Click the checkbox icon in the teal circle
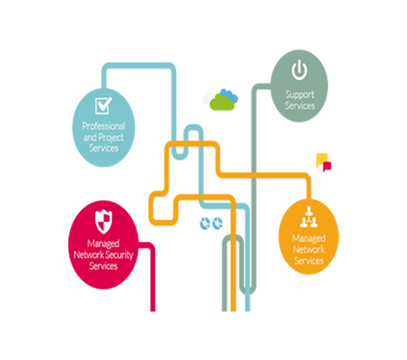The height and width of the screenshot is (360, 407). pos(103,105)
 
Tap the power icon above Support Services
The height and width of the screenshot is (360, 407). pos(299,70)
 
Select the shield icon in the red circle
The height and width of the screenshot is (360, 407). pos(103,221)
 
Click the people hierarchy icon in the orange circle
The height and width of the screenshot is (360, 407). pos(309,217)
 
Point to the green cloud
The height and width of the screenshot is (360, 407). pos(222,103)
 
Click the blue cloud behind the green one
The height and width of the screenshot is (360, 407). pos(230,95)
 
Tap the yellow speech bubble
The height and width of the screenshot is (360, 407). pos(321,160)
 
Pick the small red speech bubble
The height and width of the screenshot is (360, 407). pos(327,166)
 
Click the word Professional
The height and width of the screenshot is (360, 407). pos(104,126)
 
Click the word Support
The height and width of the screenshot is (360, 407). pos(300,95)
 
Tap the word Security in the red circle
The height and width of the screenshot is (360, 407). pos(120,255)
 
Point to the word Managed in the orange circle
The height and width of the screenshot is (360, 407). pos(309,238)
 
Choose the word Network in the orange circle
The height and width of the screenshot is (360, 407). pos(309,250)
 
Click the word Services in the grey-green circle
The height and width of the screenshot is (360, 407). pos(300,106)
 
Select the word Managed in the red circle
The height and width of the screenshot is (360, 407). pos(103,243)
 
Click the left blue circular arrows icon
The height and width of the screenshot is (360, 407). pos(205,223)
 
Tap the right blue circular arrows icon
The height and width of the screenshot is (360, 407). pos(217,223)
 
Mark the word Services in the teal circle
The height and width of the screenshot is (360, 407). pos(103,148)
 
